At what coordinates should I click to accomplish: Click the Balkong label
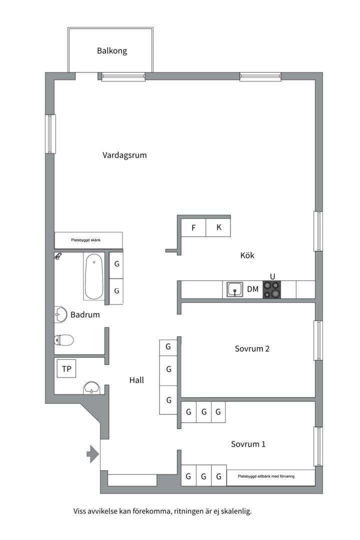click(112, 51)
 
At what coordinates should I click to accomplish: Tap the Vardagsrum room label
click(124, 155)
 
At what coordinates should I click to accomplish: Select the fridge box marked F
click(193, 227)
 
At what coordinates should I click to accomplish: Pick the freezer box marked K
click(218, 227)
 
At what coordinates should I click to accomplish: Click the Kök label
click(247, 255)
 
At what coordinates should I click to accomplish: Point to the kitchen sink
click(235, 289)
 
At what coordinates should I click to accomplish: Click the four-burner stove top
click(272, 289)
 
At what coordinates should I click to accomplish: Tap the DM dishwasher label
click(252, 289)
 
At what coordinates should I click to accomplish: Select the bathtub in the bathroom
click(93, 277)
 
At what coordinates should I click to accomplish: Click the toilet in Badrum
click(63, 340)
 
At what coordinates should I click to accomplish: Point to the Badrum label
click(85, 315)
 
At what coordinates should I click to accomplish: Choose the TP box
click(66, 369)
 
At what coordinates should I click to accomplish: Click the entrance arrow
click(92, 454)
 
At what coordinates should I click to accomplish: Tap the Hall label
click(136, 380)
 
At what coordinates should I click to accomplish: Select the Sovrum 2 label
click(252, 349)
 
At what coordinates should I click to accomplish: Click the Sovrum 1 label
click(248, 444)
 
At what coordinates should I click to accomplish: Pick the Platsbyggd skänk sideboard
click(88, 240)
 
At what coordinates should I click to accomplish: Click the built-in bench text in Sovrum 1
click(266, 476)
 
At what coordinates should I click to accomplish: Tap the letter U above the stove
click(272, 276)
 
